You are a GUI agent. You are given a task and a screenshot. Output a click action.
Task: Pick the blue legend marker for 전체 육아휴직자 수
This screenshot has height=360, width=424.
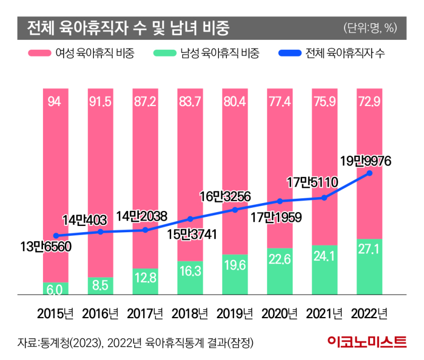(x=289, y=54)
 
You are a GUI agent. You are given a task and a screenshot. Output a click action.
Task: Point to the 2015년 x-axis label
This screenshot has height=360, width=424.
(x=56, y=314)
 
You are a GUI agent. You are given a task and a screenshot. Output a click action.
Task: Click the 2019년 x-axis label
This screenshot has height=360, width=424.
(x=235, y=314)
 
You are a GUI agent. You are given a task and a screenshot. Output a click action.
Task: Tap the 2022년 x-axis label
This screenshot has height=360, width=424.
(x=370, y=314)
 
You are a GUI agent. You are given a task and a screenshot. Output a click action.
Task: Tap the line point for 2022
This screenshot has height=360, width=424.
(x=369, y=173)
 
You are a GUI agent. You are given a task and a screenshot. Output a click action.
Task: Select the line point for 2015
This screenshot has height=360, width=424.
(x=56, y=236)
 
